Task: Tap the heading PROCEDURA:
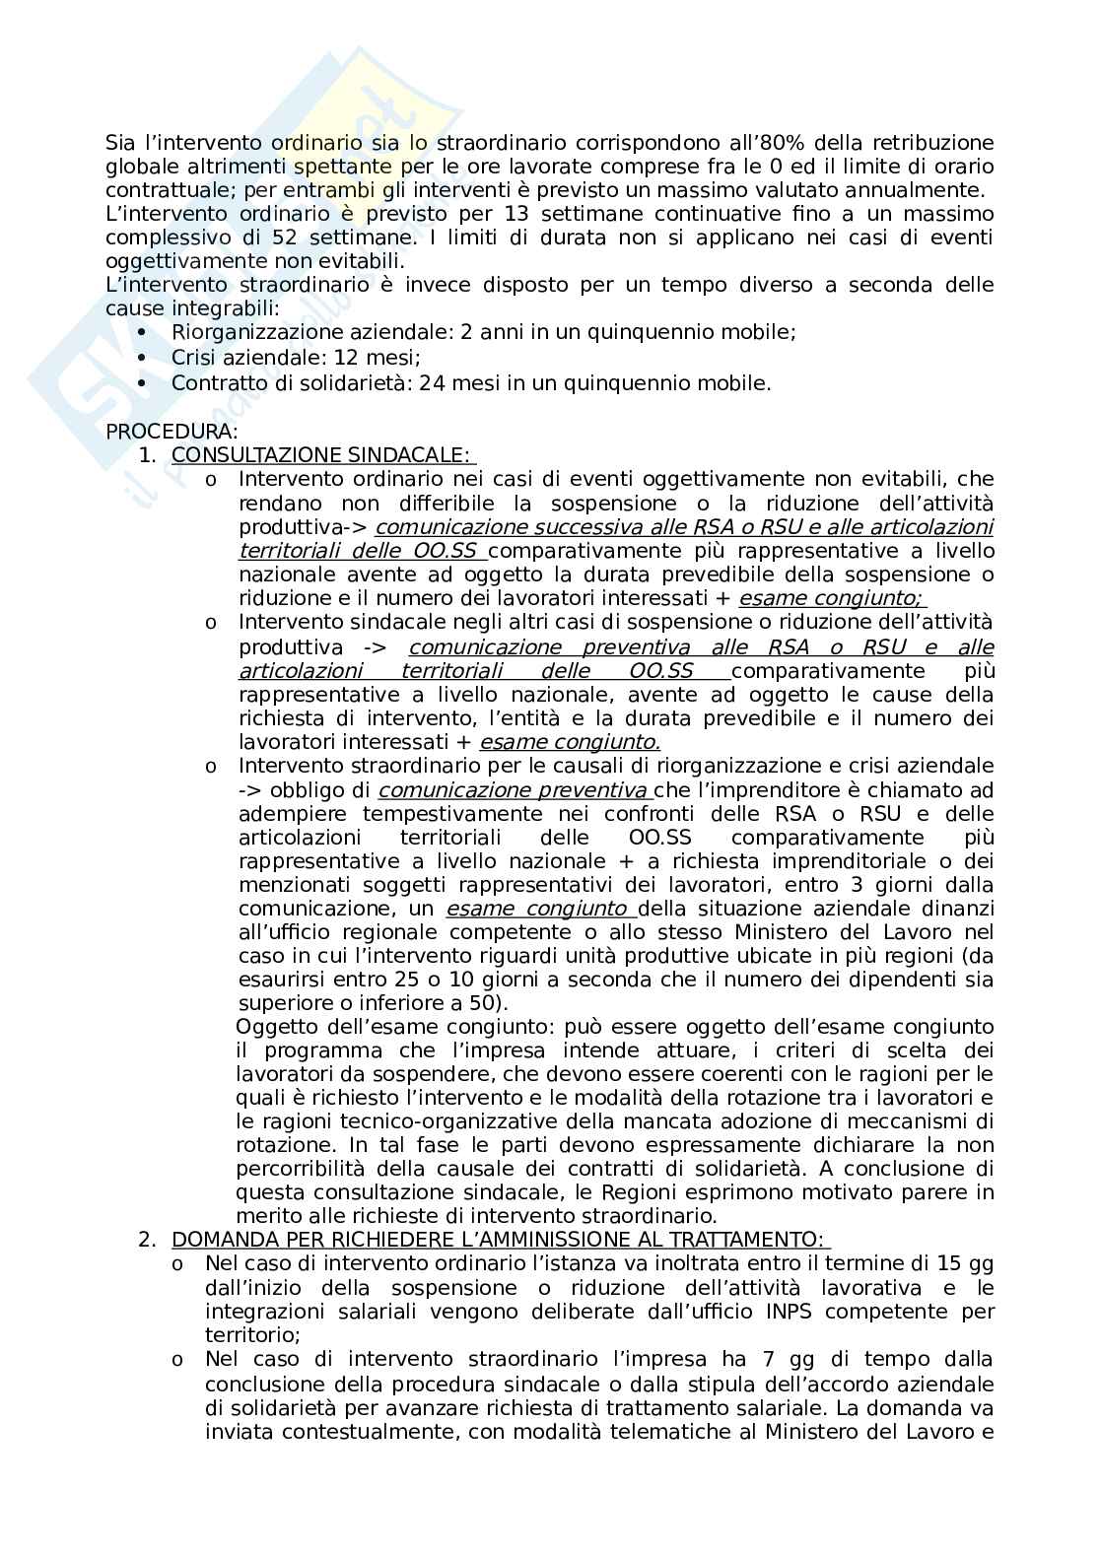pos(172,432)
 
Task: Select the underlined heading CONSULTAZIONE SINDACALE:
pos(321,455)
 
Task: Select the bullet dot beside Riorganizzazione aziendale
pos(143,334)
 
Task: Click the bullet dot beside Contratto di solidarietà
pos(143,382)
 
